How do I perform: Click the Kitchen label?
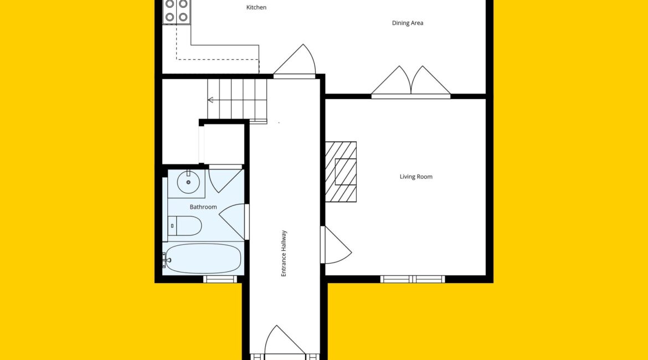click(x=256, y=7)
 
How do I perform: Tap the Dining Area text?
click(x=408, y=23)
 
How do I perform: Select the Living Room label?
click(x=416, y=177)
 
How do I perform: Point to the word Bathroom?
click(x=203, y=207)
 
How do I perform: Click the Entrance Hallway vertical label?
click(x=284, y=253)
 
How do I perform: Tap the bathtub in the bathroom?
click(x=203, y=258)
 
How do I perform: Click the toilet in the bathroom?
click(x=185, y=225)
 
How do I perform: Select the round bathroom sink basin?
click(x=188, y=182)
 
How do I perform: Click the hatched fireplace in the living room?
click(x=341, y=172)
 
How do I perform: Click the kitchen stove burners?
click(x=177, y=11)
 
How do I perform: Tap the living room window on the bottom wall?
click(x=413, y=279)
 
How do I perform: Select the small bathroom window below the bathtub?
click(x=220, y=279)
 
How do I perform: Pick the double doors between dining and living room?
click(x=411, y=82)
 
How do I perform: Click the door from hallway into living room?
click(x=336, y=245)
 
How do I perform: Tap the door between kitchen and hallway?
click(x=295, y=61)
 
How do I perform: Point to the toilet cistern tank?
click(x=172, y=225)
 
